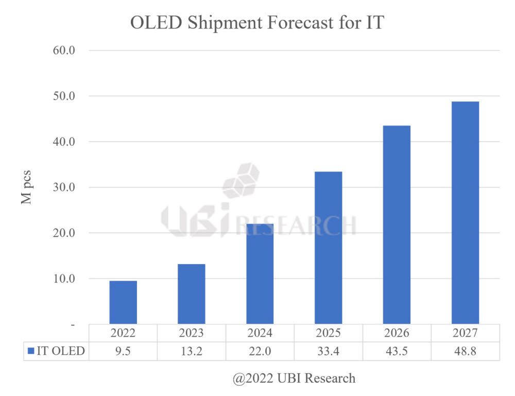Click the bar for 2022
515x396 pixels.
[123, 302]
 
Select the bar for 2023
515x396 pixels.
[191, 294]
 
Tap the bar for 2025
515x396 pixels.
[328, 248]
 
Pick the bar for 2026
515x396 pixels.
[397, 225]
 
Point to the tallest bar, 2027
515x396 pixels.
[465, 213]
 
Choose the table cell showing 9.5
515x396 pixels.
[123, 351]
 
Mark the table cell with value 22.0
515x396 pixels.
[260, 351]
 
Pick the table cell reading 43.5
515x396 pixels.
[397, 351]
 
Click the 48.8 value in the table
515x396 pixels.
[465, 351]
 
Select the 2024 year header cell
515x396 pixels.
[260, 333]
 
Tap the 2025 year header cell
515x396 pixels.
[328, 333]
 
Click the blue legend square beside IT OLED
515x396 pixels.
[31, 351]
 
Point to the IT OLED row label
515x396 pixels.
[60, 351]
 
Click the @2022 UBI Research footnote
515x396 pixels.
[294, 378]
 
